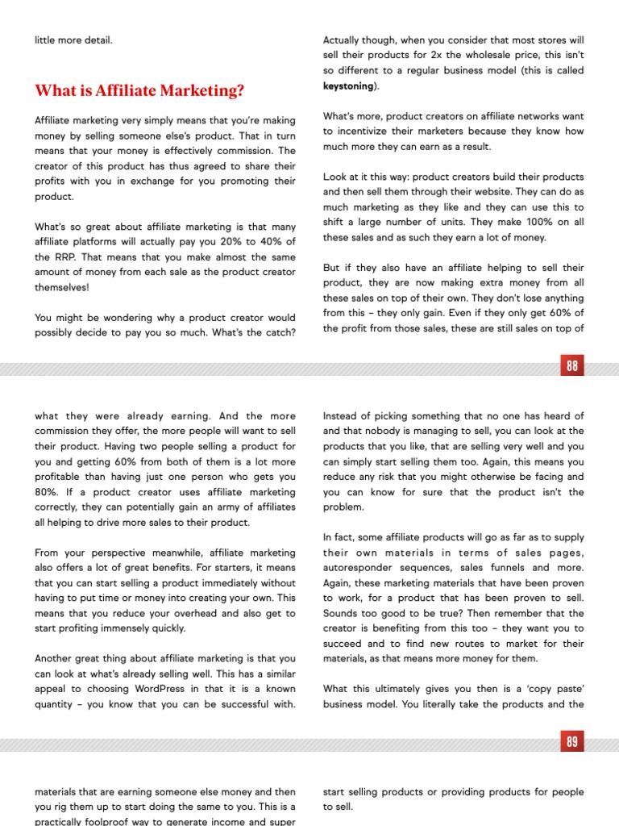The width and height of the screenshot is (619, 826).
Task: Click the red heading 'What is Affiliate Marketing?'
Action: [x=139, y=91]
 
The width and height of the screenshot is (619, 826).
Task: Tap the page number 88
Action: [x=571, y=366]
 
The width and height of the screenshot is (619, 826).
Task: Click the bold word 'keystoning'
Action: [x=348, y=85]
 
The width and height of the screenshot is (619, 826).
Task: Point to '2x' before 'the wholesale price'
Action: [x=433, y=54]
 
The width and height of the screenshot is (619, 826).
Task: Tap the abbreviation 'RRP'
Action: [x=66, y=257]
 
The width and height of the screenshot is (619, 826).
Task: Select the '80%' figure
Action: [x=47, y=491]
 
